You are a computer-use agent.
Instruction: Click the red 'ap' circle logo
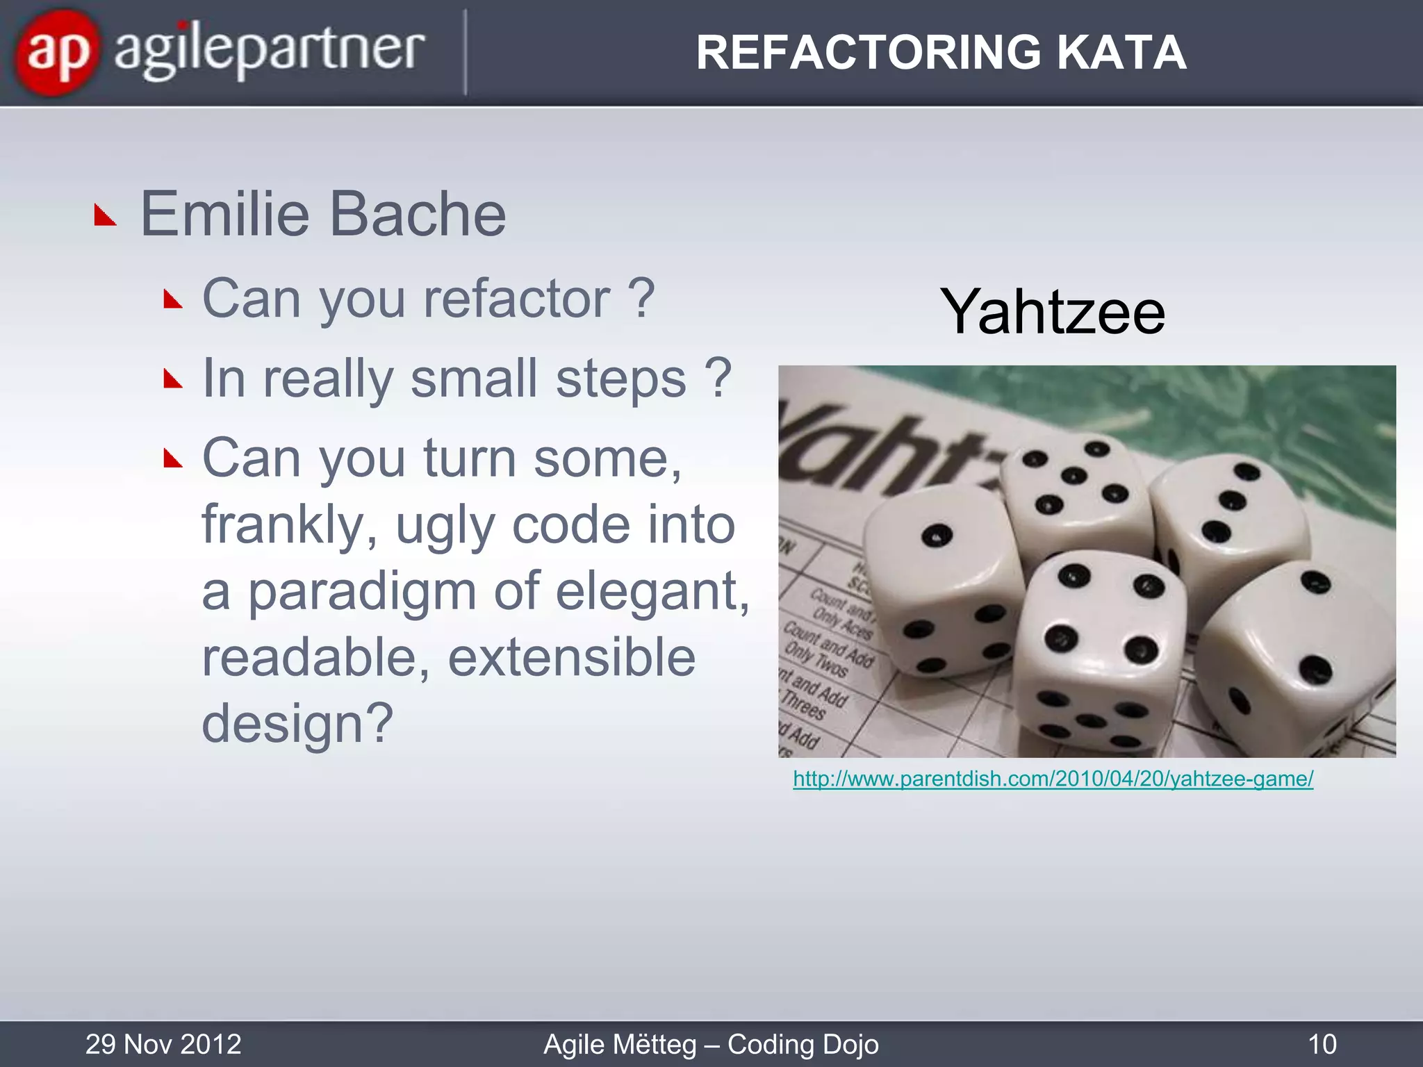[57, 53]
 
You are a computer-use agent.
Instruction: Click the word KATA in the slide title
[1121, 53]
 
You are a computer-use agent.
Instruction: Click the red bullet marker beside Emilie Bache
[105, 216]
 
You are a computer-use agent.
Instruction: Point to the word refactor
[517, 299]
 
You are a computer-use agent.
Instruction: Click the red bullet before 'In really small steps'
[173, 379]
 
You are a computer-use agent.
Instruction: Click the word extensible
[571, 657]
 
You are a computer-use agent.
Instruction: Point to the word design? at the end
[297, 724]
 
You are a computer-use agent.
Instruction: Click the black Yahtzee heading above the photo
[1052, 312]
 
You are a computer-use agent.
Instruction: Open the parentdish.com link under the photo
[1053, 779]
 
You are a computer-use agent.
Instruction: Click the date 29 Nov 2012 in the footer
[163, 1044]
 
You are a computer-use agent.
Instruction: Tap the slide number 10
[1322, 1044]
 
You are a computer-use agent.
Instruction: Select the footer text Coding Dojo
[803, 1044]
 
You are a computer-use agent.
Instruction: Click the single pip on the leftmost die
[937, 536]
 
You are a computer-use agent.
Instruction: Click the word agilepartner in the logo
[270, 51]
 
